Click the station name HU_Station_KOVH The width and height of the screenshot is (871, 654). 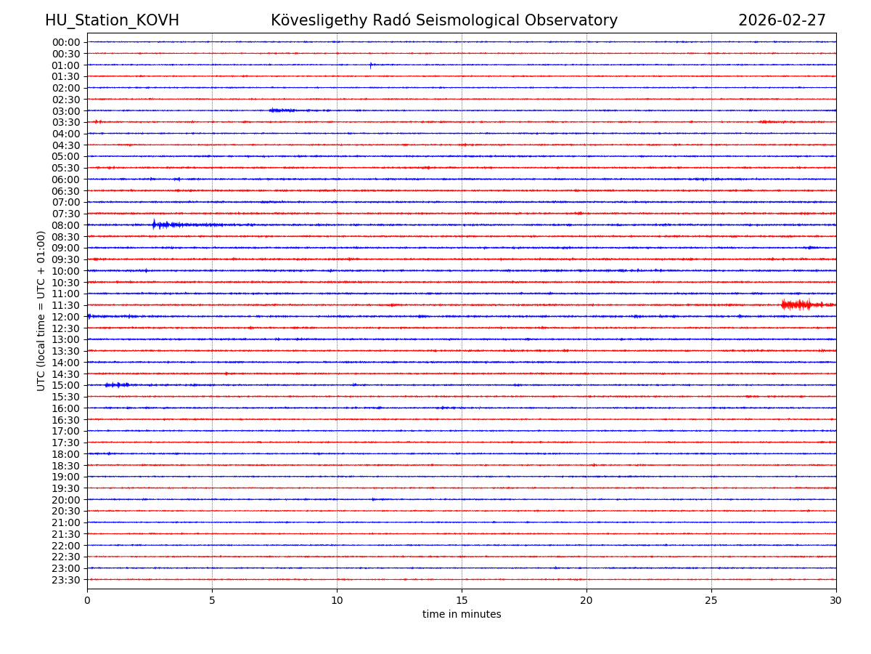pos(112,20)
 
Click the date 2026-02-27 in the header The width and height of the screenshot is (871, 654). pos(782,20)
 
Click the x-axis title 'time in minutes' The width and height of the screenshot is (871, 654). pos(462,614)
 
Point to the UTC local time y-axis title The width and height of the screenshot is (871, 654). pos(41,310)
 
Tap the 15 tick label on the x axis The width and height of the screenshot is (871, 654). pos(462,600)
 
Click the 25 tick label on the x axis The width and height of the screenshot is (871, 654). pos(711,600)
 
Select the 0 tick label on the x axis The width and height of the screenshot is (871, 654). pos(87,600)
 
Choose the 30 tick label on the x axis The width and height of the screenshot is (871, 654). pos(836,600)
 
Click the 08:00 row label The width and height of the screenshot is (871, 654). pos(66,225)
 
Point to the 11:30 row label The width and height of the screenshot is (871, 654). pos(66,305)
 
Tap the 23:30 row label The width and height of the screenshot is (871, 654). pos(66,580)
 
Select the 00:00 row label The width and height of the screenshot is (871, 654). pos(66,42)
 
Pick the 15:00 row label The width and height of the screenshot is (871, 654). pos(66,385)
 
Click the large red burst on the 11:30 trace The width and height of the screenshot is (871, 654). pos(797,304)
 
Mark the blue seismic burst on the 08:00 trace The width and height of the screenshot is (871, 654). pos(163,225)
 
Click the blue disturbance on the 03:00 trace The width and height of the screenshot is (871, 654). pos(282,110)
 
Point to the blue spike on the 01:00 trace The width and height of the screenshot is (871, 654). pos(370,65)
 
